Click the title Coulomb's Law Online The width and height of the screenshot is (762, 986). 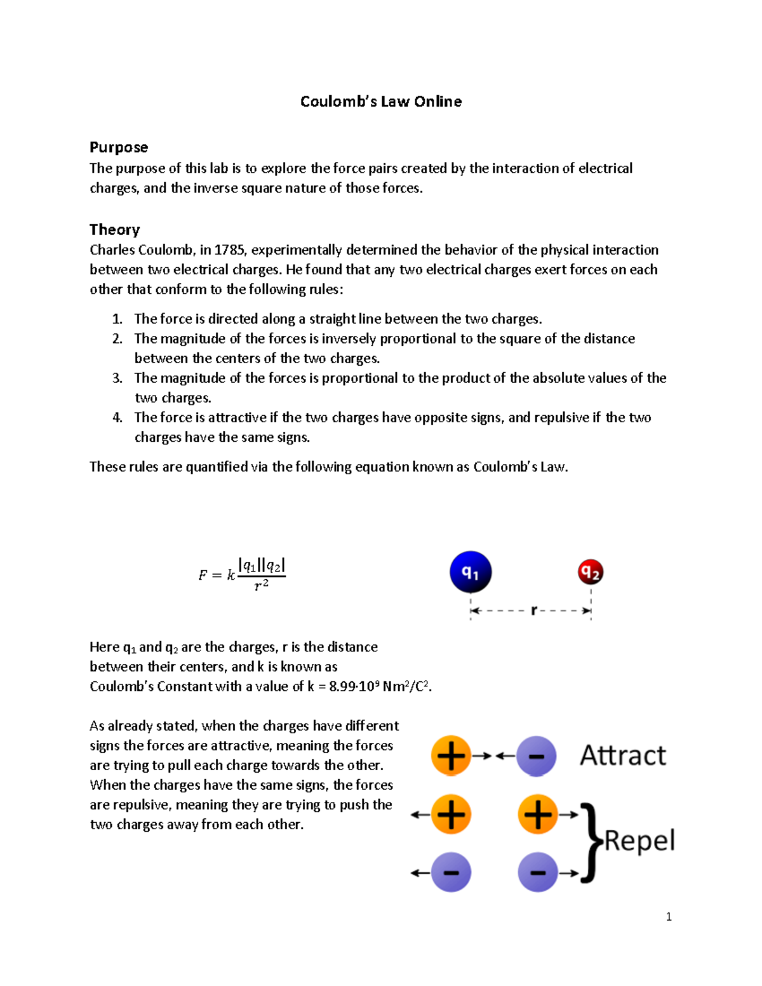[381, 102]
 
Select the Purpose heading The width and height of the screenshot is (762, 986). [119, 147]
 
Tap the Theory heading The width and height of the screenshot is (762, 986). [114, 230]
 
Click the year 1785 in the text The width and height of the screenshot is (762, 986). [229, 250]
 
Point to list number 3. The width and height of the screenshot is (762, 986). [117, 378]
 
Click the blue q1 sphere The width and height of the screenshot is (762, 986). [471, 572]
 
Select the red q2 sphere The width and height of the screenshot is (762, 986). [591, 572]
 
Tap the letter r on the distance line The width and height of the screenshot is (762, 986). [533, 611]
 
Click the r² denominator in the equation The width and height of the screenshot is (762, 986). [261, 585]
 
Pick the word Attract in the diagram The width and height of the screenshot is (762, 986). [623, 756]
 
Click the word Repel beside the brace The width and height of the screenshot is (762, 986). [639, 841]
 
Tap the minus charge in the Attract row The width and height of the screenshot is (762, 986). [537, 756]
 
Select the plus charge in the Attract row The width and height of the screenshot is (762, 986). [451, 756]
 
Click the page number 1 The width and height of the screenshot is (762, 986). [669, 917]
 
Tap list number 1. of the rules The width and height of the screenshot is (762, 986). [117, 319]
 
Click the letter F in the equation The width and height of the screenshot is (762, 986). [203, 576]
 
